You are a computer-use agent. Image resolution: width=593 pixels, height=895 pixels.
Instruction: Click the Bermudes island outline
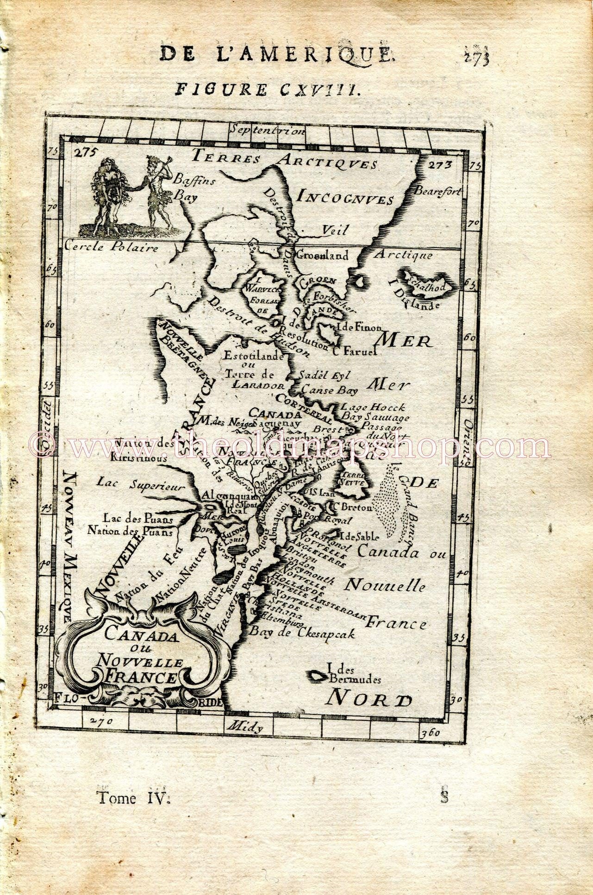(x=318, y=676)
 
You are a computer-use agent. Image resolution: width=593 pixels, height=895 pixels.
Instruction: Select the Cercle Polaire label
(x=112, y=247)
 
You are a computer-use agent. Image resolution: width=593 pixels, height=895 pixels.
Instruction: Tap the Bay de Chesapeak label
(x=302, y=633)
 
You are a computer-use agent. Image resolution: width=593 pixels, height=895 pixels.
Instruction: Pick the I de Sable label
(x=359, y=536)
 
